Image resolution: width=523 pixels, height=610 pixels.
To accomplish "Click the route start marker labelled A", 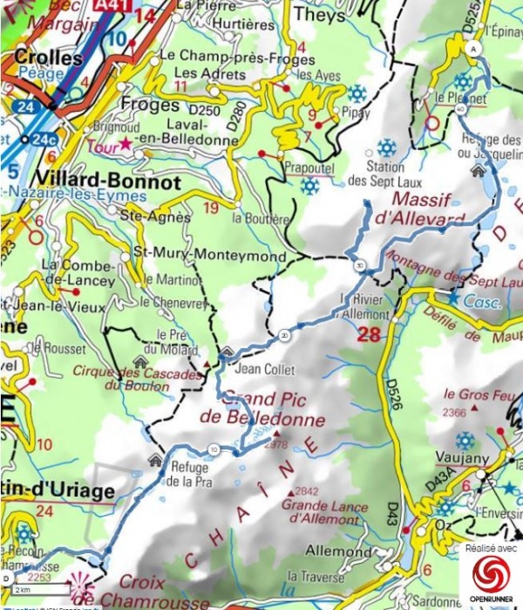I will (473, 48).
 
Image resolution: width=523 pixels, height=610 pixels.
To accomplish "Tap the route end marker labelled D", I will (8, 578).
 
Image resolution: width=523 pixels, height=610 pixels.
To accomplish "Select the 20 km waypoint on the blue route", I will (285, 335).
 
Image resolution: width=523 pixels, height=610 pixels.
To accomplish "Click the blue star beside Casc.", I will (453, 298).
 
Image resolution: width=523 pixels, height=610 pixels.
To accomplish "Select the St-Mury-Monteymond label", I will (207, 255).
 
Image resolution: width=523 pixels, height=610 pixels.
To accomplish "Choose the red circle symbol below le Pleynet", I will (431, 122).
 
